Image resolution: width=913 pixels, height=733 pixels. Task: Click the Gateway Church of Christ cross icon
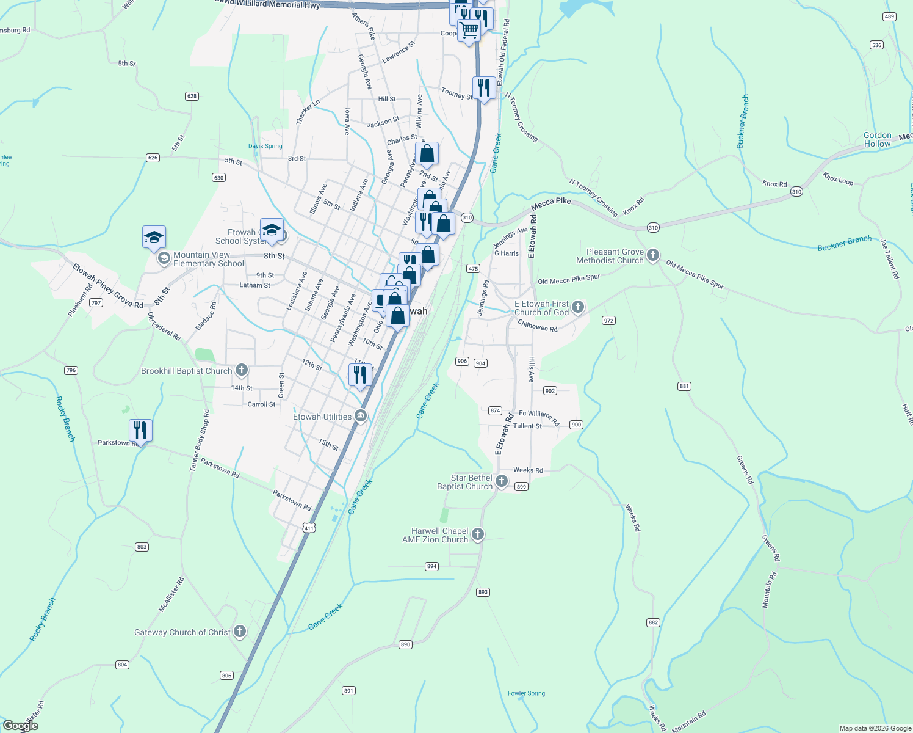pyautogui.click(x=240, y=632)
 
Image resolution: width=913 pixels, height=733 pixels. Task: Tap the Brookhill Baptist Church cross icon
pyautogui.click(x=242, y=370)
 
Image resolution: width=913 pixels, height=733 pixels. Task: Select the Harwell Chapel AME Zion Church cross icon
pyautogui.click(x=478, y=534)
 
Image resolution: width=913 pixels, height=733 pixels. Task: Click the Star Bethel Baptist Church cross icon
pyautogui.click(x=502, y=481)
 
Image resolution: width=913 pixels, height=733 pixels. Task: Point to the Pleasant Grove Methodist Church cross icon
pyautogui.click(x=653, y=255)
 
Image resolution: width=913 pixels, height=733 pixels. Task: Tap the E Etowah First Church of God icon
pyautogui.click(x=578, y=307)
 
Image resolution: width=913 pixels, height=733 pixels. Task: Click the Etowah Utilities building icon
pyautogui.click(x=361, y=417)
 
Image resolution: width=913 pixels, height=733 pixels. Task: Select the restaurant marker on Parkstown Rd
pyautogui.click(x=140, y=431)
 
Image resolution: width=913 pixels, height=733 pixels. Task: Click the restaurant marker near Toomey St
pyautogui.click(x=484, y=88)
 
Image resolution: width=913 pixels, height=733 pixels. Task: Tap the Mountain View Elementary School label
pyautogui.click(x=208, y=260)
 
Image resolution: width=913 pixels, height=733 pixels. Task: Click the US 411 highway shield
pyautogui.click(x=309, y=528)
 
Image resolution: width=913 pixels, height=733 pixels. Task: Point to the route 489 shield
pyautogui.click(x=890, y=16)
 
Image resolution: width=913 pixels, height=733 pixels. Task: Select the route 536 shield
pyautogui.click(x=876, y=45)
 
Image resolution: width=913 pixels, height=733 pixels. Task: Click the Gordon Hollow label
pyautogui.click(x=877, y=140)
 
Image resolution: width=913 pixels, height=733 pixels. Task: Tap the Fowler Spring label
pyautogui.click(x=526, y=693)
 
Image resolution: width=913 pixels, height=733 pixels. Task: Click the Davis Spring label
pyautogui.click(x=265, y=146)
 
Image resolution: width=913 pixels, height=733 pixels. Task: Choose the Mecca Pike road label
pyautogui.click(x=551, y=202)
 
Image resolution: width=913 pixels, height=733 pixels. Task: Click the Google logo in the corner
pyautogui.click(x=21, y=726)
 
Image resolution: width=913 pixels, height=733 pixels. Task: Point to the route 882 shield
pyautogui.click(x=653, y=622)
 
